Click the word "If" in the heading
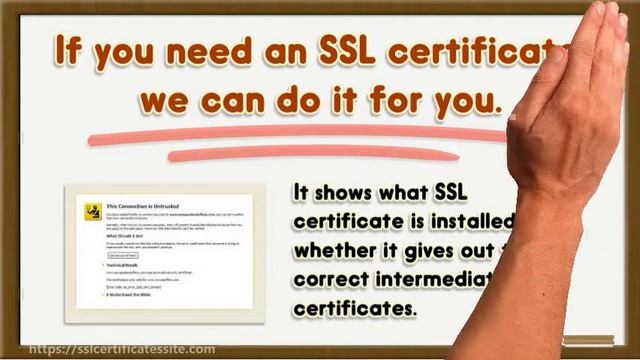point(71,50)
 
